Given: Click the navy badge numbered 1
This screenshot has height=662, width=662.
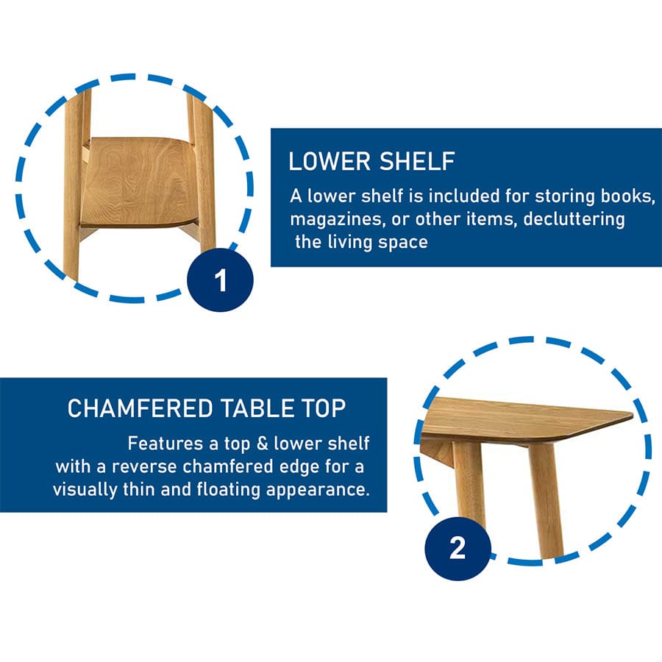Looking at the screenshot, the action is point(220,280).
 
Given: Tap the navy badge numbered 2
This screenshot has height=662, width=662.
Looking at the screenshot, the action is point(458,548).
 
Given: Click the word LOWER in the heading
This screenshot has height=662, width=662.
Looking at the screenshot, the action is point(330,161).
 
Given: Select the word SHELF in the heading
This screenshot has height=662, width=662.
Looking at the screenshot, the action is point(417,161).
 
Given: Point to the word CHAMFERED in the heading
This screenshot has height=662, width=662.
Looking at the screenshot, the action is point(140,408).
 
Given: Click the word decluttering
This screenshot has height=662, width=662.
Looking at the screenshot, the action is point(574,219).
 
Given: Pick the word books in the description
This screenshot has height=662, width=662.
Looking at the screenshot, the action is point(628,196).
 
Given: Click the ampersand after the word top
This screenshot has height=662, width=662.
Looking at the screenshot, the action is point(262,444).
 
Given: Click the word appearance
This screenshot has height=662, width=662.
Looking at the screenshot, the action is point(318,491).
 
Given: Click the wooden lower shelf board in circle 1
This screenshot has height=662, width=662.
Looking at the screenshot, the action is point(139,182).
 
